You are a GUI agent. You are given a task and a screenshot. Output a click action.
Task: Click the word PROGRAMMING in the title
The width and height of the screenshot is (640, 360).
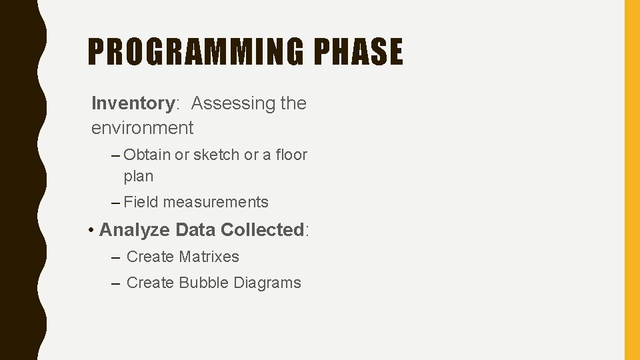pyautogui.click(x=194, y=52)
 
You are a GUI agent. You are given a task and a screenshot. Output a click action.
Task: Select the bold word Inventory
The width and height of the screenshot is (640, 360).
pyautogui.click(x=133, y=103)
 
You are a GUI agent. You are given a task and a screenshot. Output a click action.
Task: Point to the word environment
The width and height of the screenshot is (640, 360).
pyautogui.click(x=142, y=127)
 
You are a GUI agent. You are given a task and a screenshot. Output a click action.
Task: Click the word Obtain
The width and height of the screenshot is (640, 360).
pyautogui.click(x=147, y=155)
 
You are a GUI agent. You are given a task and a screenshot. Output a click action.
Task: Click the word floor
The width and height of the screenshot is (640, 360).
pyautogui.click(x=291, y=155)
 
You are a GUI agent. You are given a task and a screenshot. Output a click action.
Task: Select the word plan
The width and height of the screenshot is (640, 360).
pyautogui.click(x=139, y=177)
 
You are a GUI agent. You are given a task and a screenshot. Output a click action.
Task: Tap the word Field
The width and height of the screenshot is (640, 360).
pyautogui.click(x=141, y=202)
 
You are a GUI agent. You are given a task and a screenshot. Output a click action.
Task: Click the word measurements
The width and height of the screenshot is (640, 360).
pyautogui.click(x=215, y=202)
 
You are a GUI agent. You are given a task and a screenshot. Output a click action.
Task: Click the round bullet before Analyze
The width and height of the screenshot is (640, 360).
pyautogui.click(x=91, y=231)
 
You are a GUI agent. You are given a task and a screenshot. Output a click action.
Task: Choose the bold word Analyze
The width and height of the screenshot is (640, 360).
pyautogui.click(x=134, y=230)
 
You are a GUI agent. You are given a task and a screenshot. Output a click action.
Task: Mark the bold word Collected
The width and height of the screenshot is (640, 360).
pyautogui.click(x=262, y=230)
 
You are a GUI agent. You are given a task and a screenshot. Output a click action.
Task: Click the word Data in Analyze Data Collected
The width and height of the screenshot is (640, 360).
pyautogui.click(x=195, y=230)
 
